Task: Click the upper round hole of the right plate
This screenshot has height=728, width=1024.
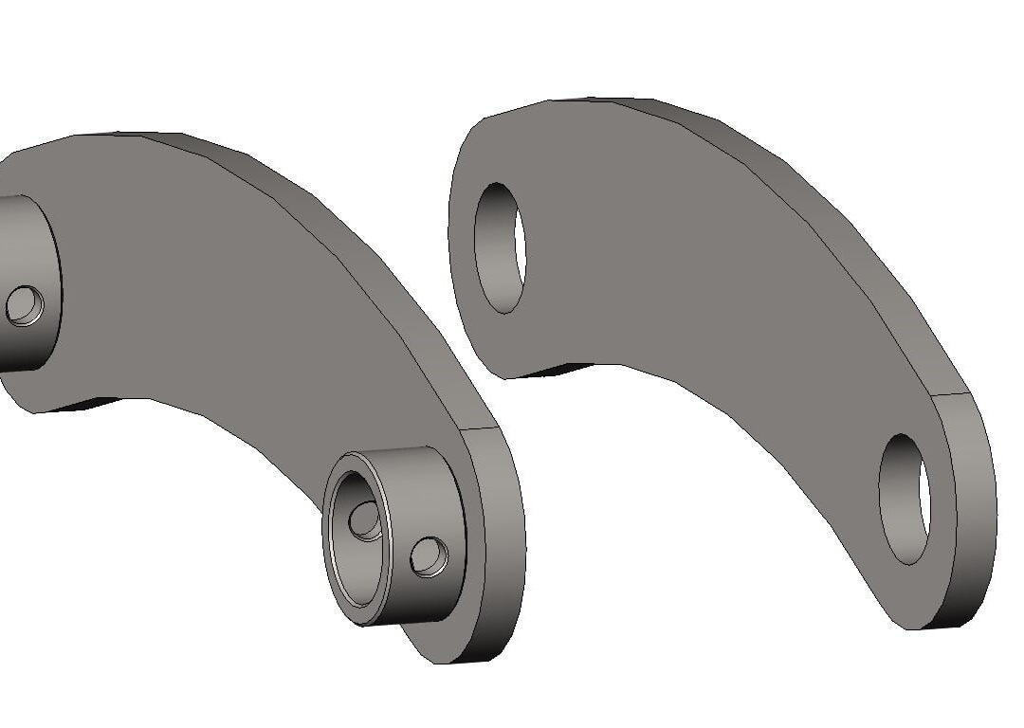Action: tap(499, 247)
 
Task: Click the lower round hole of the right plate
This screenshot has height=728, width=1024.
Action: tap(904, 499)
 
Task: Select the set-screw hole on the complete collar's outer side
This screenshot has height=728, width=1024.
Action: tap(429, 556)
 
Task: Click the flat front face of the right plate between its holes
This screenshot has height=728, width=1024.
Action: tap(683, 284)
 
